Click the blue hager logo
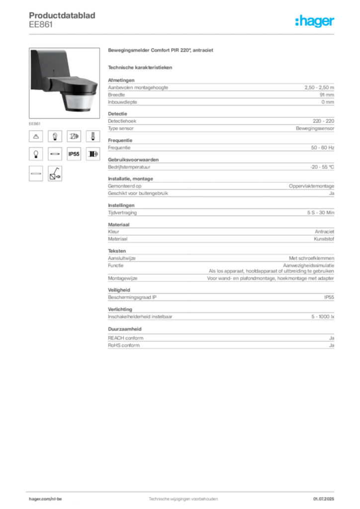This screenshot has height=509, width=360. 316,22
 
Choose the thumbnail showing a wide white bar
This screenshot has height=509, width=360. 35,173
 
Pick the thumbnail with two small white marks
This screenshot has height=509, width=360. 55,136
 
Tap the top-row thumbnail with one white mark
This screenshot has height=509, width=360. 92,136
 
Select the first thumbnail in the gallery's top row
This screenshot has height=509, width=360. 35,136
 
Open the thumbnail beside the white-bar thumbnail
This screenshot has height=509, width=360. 55,173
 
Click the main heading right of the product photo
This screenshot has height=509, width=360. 161,51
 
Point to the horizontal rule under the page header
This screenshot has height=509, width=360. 183,33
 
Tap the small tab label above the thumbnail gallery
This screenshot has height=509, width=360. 35,122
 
